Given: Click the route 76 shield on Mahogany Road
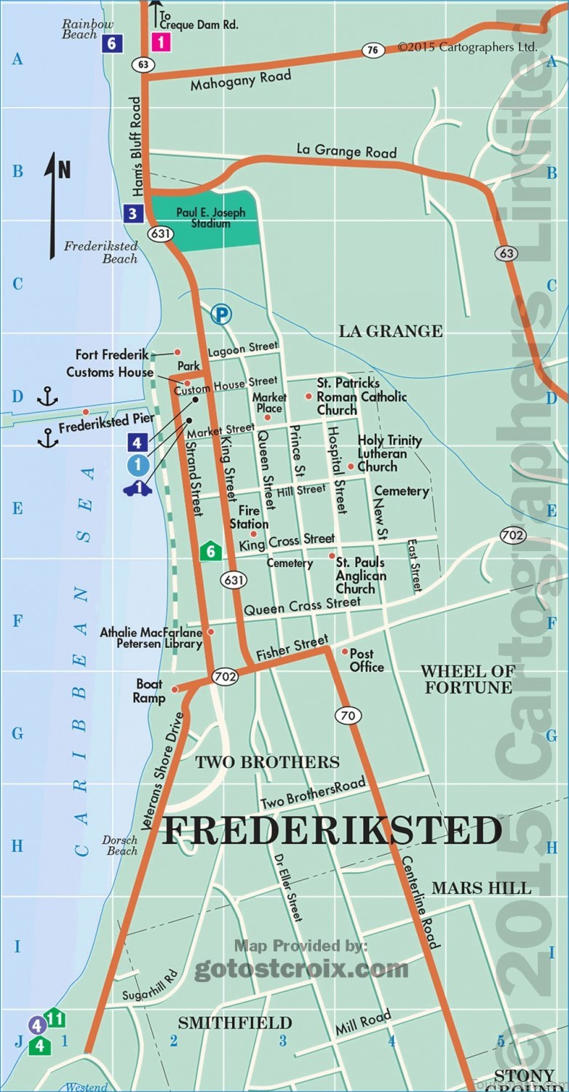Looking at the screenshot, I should click(x=373, y=50).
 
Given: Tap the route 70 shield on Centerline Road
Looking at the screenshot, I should click(x=349, y=715).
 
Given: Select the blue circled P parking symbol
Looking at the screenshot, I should click(x=220, y=314).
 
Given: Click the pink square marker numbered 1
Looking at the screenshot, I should click(x=161, y=42).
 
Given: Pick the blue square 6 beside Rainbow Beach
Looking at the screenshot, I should click(x=111, y=43).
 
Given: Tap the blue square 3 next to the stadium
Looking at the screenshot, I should click(x=132, y=214).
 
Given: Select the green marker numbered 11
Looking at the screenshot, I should click(x=55, y=1018).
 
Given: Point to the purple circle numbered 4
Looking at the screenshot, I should click(x=37, y=1025).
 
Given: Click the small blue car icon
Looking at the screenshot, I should click(x=138, y=488).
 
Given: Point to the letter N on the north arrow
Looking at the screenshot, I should click(x=65, y=170).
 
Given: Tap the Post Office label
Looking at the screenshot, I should click(x=367, y=660).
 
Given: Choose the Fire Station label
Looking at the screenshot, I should click(x=249, y=518).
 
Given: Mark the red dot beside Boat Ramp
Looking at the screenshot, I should click(x=175, y=689).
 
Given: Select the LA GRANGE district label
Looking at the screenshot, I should click(x=390, y=331).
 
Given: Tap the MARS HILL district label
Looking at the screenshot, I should click(x=481, y=887).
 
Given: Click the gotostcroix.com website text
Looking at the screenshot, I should click(x=301, y=969).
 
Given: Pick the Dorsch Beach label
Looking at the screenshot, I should click(x=120, y=845).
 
